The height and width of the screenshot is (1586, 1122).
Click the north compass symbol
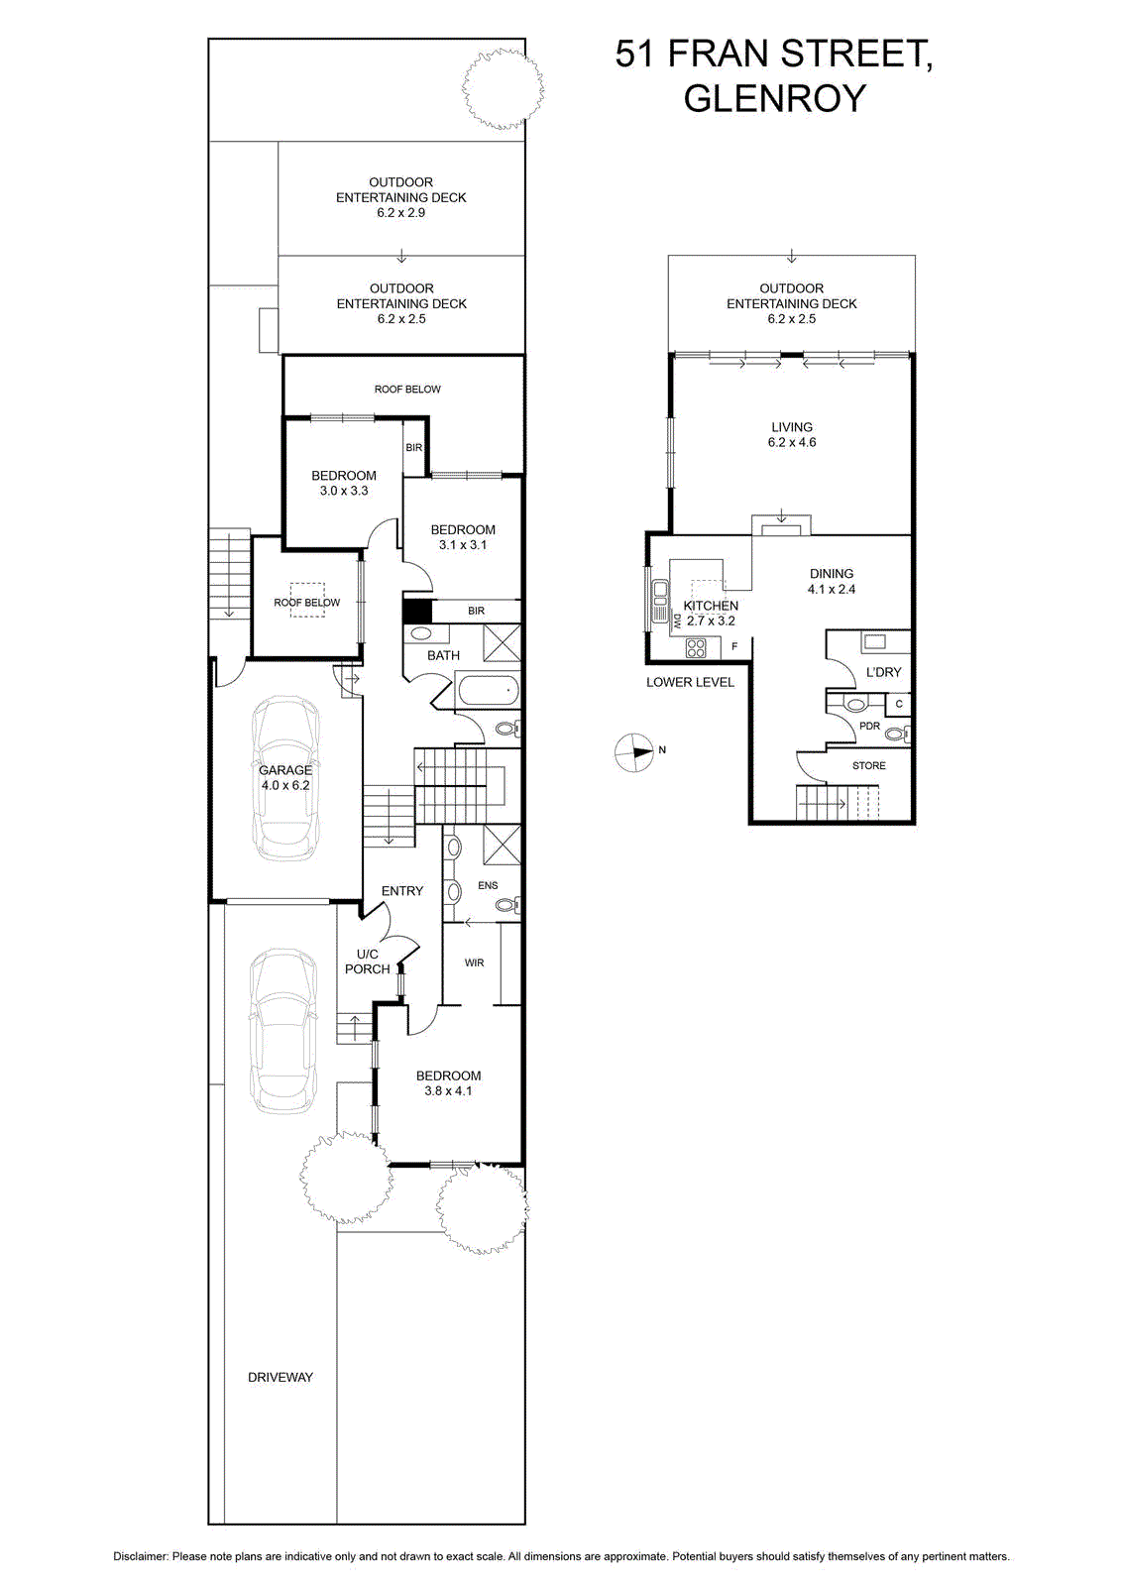point(633,752)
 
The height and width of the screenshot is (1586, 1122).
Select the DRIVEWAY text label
point(280,1377)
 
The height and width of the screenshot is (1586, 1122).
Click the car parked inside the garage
point(286,778)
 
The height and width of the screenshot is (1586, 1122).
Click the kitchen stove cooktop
point(695,648)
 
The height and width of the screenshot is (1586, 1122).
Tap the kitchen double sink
point(660,602)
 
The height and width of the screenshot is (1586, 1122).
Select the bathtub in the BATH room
point(488,690)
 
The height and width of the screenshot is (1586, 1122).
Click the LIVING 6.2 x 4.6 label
point(791,435)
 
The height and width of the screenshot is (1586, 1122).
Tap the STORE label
point(868,765)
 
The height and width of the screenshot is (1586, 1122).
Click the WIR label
point(475,963)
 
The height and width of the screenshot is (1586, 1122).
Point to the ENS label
point(488,885)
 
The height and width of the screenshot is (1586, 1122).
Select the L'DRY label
point(883,672)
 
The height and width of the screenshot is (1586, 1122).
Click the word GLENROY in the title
point(774,98)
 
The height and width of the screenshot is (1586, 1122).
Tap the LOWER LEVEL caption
point(690,683)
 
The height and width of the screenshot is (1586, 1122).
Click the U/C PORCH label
point(368,962)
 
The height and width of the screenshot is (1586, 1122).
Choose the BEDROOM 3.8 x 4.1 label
point(448,1083)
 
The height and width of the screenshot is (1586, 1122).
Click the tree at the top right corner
point(503,88)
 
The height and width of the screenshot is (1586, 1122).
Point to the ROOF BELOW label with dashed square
point(306,603)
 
